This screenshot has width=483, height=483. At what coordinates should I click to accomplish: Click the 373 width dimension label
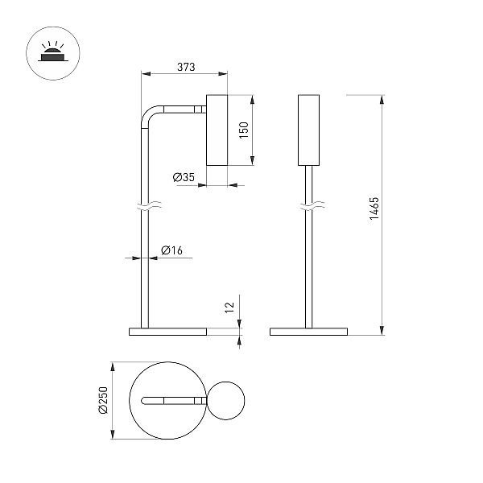coord(186,67)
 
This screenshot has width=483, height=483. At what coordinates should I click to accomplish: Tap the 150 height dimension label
coord(244,130)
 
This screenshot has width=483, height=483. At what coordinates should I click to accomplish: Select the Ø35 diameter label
coord(184,177)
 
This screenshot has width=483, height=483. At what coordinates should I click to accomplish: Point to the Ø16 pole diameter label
coord(171,250)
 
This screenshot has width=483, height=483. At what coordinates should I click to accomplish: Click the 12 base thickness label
coord(229,308)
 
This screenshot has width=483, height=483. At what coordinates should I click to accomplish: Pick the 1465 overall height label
coord(374,208)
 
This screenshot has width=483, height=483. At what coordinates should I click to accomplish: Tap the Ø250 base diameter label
coord(103,400)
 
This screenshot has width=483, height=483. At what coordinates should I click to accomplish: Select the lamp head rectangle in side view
coord(217,130)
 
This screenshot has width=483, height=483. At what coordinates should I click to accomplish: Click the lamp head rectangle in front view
coord(308,130)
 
